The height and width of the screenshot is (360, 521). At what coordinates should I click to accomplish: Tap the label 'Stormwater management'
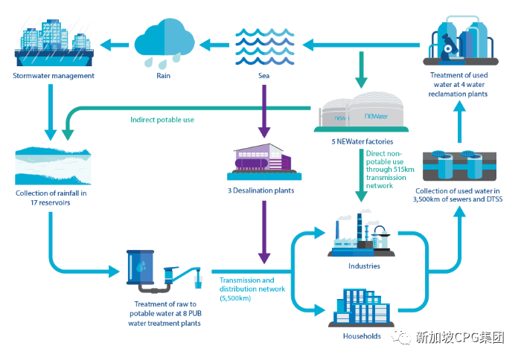[x=54, y=75]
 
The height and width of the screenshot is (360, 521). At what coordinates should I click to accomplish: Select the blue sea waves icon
[x=263, y=43]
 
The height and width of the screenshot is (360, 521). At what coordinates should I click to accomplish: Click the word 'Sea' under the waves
[x=263, y=75]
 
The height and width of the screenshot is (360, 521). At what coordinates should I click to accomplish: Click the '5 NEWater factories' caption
[x=362, y=141]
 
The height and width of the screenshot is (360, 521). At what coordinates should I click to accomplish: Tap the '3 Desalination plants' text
[x=263, y=190]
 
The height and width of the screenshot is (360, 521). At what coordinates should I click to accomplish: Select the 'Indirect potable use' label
[x=162, y=119]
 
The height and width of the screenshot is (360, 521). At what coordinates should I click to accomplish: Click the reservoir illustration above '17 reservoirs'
[x=54, y=165]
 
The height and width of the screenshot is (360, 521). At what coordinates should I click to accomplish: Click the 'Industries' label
[x=364, y=266]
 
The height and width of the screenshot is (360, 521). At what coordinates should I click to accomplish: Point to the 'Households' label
[x=362, y=335]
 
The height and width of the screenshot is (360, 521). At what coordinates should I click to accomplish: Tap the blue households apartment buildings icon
[x=362, y=305]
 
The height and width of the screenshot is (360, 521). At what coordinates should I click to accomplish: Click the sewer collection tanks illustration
[x=458, y=165]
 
